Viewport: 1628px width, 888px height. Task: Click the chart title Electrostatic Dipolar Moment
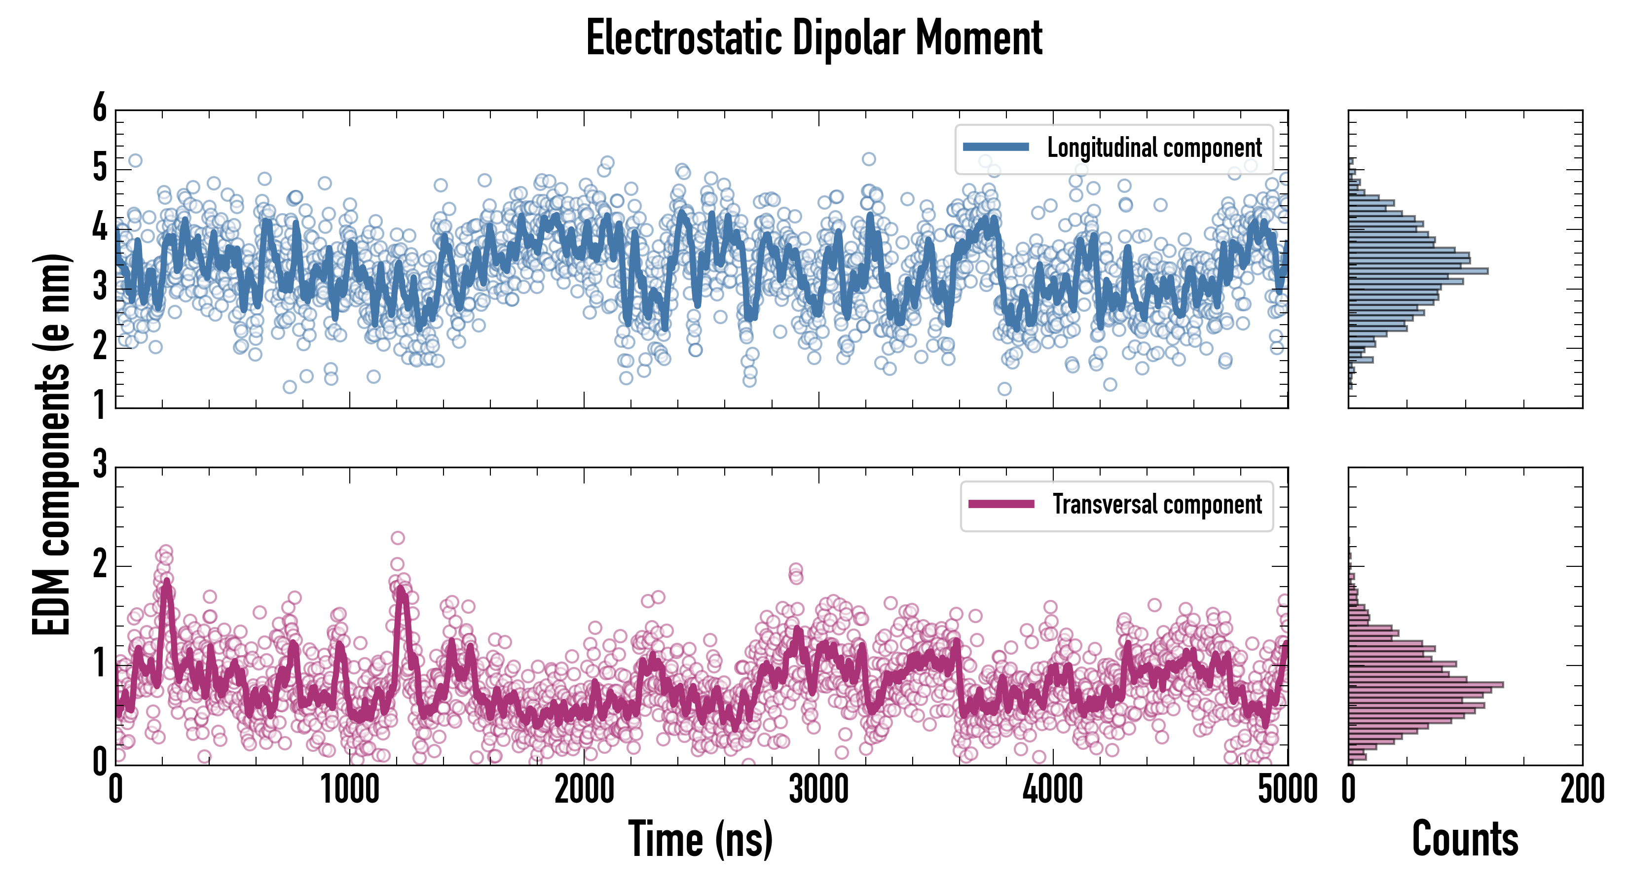pyautogui.click(x=814, y=38)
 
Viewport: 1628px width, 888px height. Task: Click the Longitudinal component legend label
pyautogui.click(x=1154, y=148)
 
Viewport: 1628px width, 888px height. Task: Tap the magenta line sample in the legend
pyautogui.click(x=1001, y=504)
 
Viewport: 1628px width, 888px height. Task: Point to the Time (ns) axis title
pyautogui.click(x=700, y=839)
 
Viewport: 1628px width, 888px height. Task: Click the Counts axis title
pyautogui.click(x=1465, y=839)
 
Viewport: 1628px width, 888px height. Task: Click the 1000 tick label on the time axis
pyautogui.click(x=349, y=790)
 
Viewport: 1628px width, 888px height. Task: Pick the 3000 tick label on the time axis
pyautogui.click(x=818, y=790)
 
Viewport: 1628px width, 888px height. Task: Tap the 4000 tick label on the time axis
pyautogui.click(x=1053, y=790)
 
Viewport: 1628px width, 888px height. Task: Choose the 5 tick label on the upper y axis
pyautogui.click(x=100, y=168)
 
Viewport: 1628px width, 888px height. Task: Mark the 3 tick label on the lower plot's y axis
pyautogui.click(x=100, y=465)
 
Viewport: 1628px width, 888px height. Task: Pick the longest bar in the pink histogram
pyautogui.click(x=1426, y=684)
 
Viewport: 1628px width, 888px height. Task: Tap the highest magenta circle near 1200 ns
pyautogui.click(x=398, y=538)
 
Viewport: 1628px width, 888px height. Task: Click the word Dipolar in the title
pyautogui.click(x=848, y=38)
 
